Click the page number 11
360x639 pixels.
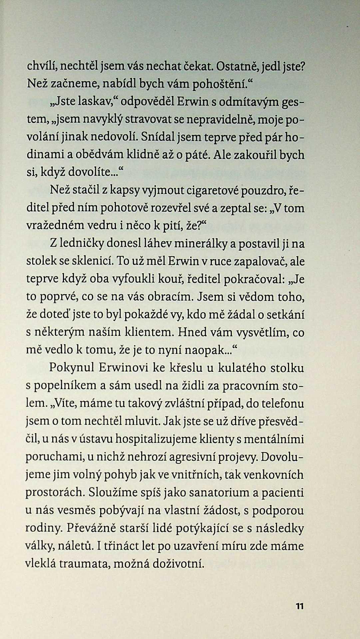(299, 606)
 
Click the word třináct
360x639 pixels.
(123, 546)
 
